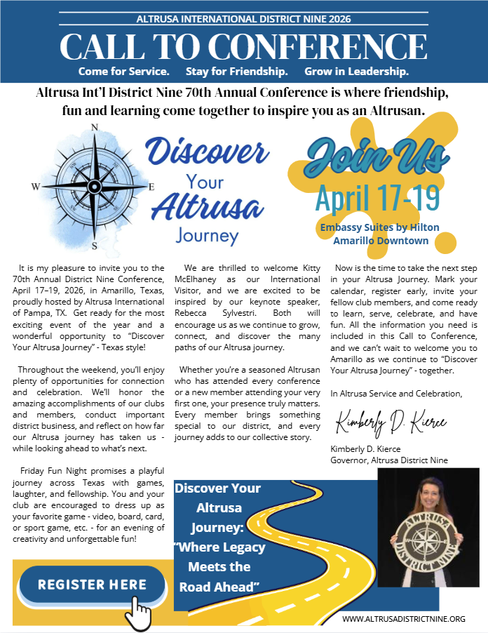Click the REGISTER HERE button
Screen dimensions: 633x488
pyautogui.click(x=92, y=585)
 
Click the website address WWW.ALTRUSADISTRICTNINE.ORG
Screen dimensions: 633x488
pyautogui.click(x=404, y=619)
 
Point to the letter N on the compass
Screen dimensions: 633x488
pyautogui.click(x=94, y=127)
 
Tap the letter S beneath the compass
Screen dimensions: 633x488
pyautogui.click(x=94, y=246)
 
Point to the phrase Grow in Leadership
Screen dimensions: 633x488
pyautogui.click(x=357, y=72)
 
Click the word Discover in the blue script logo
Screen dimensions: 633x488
pyautogui.click(x=207, y=153)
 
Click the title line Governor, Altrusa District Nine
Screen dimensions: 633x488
pyautogui.click(x=388, y=460)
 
